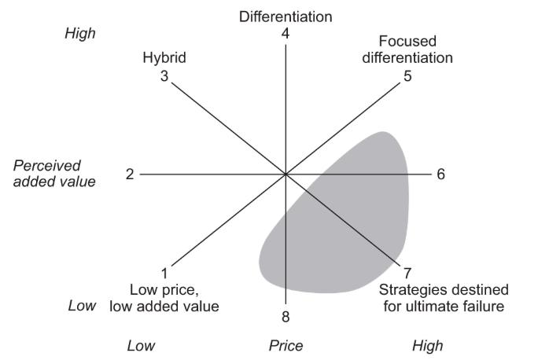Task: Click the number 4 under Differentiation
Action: point(286,33)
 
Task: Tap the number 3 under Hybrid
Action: point(164,77)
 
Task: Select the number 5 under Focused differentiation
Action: point(407,77)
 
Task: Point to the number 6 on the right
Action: point(441,174)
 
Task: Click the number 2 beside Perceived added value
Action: point(130,174)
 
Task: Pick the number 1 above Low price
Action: point(164,274)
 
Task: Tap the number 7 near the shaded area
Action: point(407,274)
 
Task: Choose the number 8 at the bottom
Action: point(286,317)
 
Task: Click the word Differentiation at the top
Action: point(286,16)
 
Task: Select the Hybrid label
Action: point(164,57)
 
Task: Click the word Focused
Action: point(407,40)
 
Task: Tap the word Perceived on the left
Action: point(47,166)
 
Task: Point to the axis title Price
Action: point(286,346)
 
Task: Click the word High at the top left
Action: point(79,34)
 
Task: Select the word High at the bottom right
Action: point(427,346)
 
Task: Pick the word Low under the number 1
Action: point(146,289)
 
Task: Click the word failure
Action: point(481,305)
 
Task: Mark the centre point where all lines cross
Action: point(286,174)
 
